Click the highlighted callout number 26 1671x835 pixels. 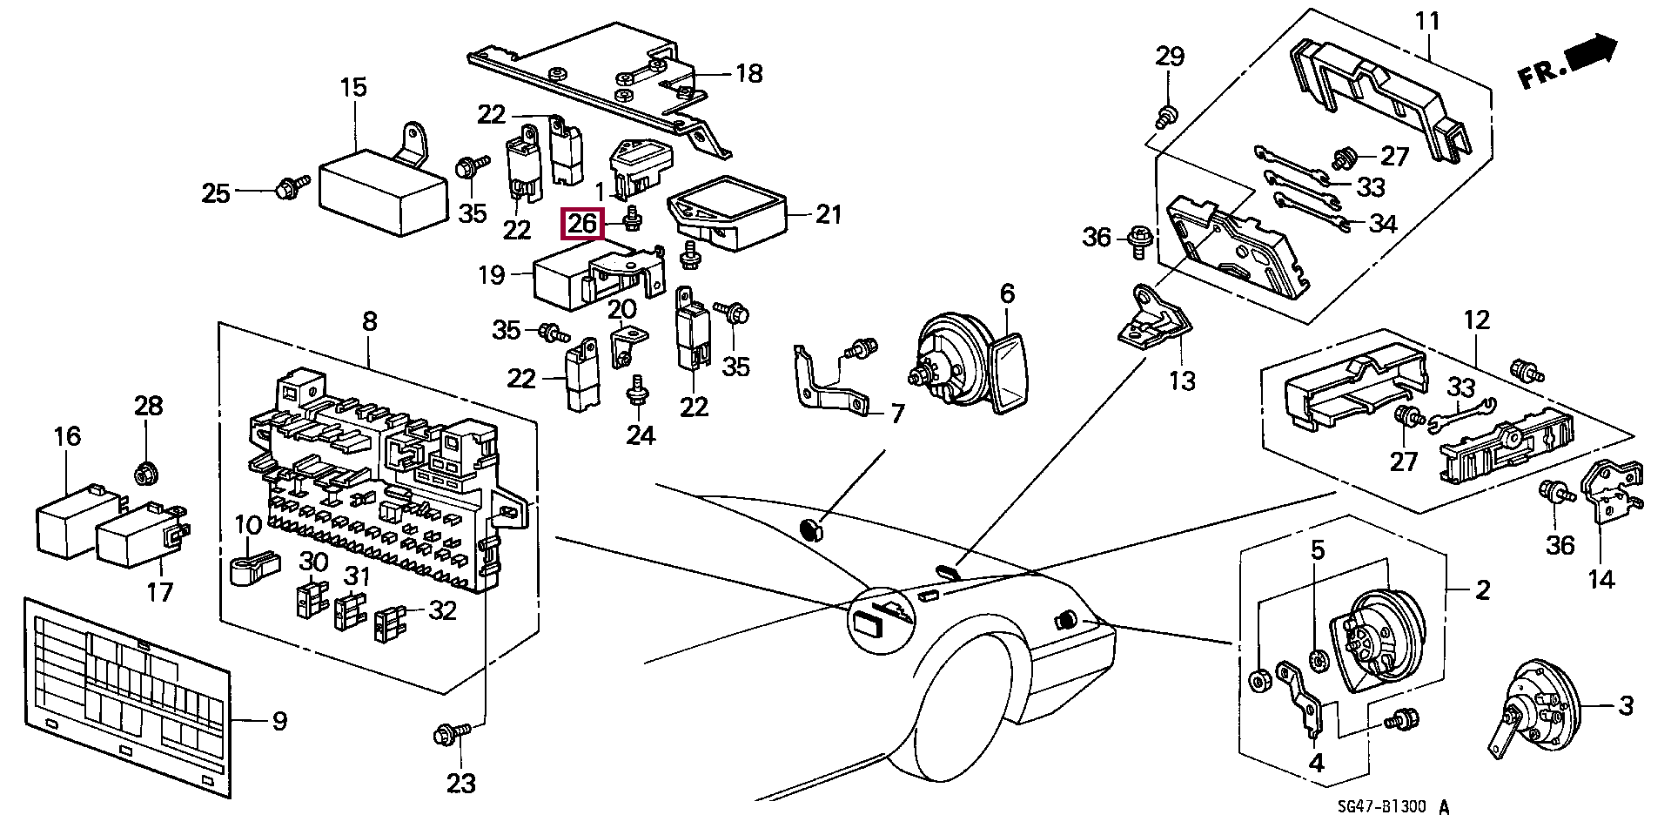(582, 224)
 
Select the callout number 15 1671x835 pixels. (353, 88)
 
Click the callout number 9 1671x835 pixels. (278, 721)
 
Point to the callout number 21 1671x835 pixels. (828, 213)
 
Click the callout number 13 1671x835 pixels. (1182, 380)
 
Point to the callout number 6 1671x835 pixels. (1007, 293)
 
